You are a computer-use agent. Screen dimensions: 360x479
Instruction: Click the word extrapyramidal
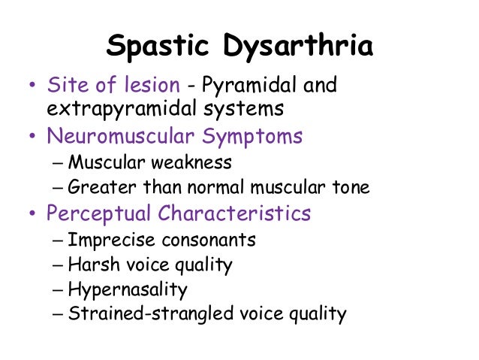pos(115,108)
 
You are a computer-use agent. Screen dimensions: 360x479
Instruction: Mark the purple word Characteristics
pos(234,213)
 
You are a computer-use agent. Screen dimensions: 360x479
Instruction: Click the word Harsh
pos(90,265)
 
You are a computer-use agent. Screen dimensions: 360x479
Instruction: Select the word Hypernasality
pos(128,289)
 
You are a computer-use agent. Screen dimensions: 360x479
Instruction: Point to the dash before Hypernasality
pos(59,289)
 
